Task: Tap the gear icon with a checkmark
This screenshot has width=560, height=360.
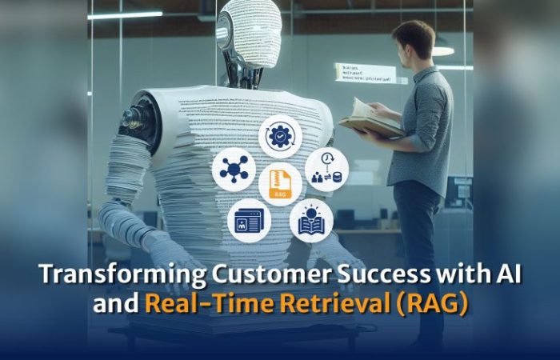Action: pos(280,136)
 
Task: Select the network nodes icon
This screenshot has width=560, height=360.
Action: pos(234,170)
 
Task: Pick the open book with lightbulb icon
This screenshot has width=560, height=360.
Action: pos(311,220)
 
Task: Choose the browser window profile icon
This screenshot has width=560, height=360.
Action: pos(249,220)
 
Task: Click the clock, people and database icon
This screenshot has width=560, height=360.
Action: pos(326,169)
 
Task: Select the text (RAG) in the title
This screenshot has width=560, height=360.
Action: pos(437,303)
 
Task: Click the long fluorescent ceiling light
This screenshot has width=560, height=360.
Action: pos(125,14)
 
